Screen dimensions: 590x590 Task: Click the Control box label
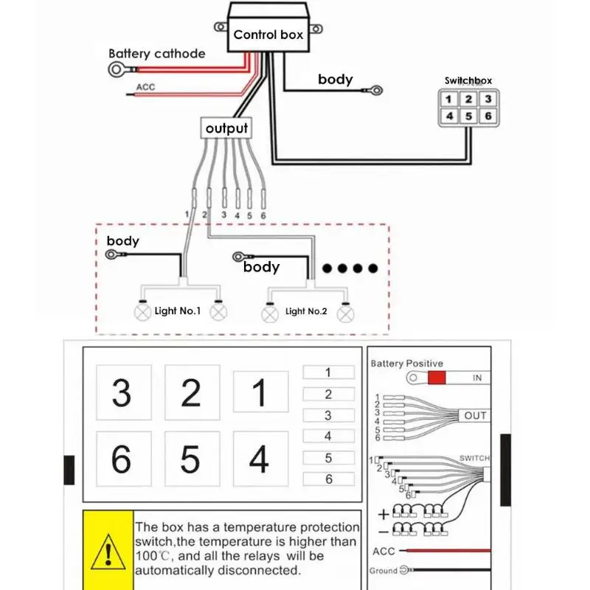click(268, 35)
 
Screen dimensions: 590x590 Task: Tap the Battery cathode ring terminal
click(116, 69)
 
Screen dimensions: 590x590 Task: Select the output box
click(226, 128)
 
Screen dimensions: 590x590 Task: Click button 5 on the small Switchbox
click(468, 116)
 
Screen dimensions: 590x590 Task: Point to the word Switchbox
click(468, 80)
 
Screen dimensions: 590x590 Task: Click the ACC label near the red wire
click(145, 87)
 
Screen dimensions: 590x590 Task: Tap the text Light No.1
click(178, 310)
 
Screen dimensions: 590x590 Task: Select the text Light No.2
click(306, 311)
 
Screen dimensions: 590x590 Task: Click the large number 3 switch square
click(124, 392)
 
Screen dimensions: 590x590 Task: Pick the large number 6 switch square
click(124, 459)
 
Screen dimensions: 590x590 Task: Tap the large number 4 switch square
click(261, 459)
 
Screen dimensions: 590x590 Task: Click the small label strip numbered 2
click(328, 394)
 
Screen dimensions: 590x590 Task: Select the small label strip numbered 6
click(328, 479)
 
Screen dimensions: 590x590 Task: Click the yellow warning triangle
click(108, 552)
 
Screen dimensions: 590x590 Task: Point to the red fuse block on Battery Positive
click(437, 378)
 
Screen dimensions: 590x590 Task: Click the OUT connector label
click(475, 416)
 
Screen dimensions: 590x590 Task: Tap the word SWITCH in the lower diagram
click(474, 458)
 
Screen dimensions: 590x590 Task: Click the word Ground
click(383, 571)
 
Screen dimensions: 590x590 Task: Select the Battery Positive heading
click(407, 364)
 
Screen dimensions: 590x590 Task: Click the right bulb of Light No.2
click(345, 315)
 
